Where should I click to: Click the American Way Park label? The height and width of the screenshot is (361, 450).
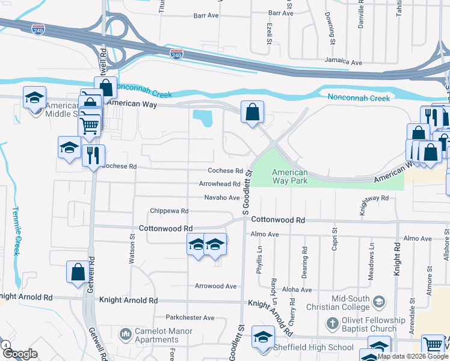click(x=290, y=176)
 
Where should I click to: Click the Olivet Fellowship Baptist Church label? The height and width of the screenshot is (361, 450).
click(x=374, y=324)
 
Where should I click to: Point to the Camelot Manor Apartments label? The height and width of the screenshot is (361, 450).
click(x=164, y=335)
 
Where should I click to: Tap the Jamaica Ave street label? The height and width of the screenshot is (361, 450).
click(x=344, y=62)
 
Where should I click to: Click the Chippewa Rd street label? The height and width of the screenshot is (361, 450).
click(x=169, y=211)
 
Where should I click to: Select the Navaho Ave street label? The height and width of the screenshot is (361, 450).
click(x=222, y=197)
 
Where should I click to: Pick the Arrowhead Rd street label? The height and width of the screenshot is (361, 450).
click(x=220, y=184)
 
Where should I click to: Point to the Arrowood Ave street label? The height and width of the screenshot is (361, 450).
click(x=215, y=286)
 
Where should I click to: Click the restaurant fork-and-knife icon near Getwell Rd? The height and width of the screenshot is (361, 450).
click(x=93, y=156)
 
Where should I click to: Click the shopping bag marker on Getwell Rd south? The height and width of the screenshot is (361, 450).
click(x=78, y=271)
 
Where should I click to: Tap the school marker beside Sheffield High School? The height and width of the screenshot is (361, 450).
click(x=263, y=338)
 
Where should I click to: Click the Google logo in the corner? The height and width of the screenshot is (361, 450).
click(x=20, y=354)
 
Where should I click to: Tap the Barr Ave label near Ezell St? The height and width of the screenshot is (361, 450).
click(x=281, y=13)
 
